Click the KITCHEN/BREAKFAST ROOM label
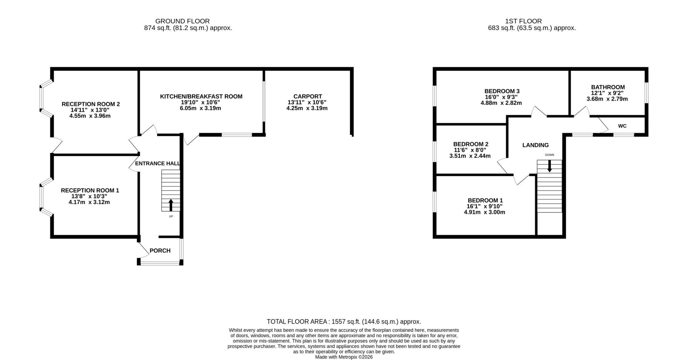[201, 96]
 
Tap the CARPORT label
[307, 96]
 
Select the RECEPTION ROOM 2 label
[91, 104]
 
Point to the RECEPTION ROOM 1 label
[90, 190]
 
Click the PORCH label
[160, 250]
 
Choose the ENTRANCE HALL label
[158, 163]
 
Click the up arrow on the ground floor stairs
[171, 205]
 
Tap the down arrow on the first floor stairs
[550, 166]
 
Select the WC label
[622, 126]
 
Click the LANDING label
[535, 145]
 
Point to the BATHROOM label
[608, 87]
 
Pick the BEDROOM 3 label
[502, 91]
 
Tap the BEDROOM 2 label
[471, 144]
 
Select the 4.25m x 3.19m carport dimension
[307, 108]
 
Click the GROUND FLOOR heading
[182, 21]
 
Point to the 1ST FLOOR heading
[523, 21]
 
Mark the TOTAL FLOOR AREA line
[344, 322]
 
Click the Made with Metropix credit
[344, 357]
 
